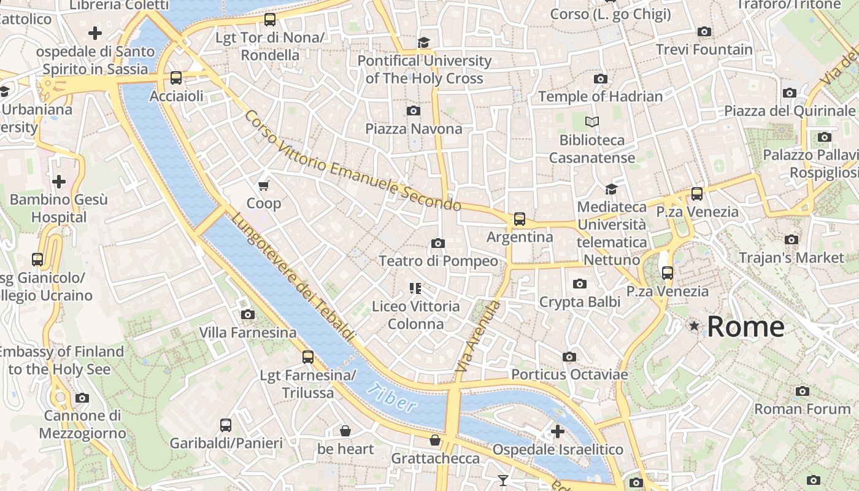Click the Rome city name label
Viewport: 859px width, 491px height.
click(745, 327)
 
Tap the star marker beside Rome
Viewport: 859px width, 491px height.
click(694, 326)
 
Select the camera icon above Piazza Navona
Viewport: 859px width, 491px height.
click(414, 110)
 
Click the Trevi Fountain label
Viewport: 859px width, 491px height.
click(704, 49)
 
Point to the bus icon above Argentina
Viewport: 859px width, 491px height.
click(520, 218)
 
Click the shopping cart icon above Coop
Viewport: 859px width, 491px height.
click(264, 185)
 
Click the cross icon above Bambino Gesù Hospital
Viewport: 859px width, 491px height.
click(59, 182)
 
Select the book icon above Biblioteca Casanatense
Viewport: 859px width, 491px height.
click(592, 122)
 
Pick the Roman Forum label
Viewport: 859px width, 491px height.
click(802, 409)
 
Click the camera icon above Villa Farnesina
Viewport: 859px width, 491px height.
click(248, 314)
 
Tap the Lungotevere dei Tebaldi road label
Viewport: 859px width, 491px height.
click(293, 277)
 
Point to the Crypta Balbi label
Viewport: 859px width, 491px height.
click(579, 302)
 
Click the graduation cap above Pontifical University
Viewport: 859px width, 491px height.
click(423, 42)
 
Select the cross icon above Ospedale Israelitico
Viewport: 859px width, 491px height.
click(558, 431)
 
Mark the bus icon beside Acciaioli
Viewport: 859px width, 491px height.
click(176, 78)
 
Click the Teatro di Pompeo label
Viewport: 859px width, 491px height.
click(438, 261)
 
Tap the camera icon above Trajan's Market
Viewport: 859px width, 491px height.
click(792, 239)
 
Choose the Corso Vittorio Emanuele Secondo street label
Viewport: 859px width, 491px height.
click(352, 161)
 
